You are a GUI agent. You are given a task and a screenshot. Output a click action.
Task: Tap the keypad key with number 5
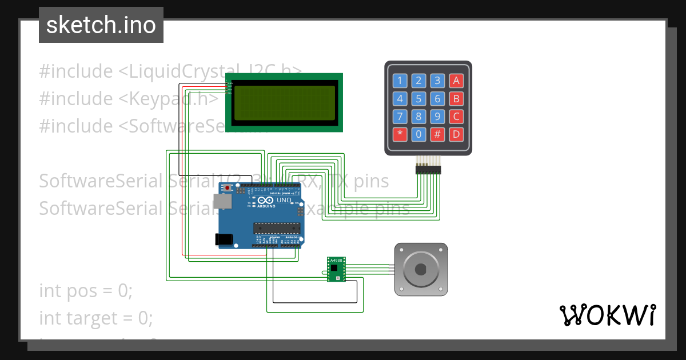point(418,99)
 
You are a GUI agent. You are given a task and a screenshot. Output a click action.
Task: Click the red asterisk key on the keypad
point(400,135)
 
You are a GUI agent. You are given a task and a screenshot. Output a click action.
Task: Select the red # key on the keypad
point(437,135)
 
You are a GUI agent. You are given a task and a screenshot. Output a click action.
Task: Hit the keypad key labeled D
point(456,135)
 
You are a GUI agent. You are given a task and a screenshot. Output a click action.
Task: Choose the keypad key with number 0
point(418,135)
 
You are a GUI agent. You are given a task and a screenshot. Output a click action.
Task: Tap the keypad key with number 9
point(437,117)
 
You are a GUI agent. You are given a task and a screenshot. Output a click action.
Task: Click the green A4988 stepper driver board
point(336,270)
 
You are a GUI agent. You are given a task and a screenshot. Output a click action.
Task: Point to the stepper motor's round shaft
point(421,270)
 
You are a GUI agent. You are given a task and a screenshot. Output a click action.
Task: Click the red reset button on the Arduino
point(228,187)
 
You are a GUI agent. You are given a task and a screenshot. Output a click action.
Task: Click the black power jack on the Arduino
point(224,239)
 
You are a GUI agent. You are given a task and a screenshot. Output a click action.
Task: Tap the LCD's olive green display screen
point(285,103)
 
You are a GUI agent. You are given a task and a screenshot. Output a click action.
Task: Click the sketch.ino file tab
point(101,25)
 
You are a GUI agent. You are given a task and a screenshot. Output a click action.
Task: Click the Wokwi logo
point(607,315)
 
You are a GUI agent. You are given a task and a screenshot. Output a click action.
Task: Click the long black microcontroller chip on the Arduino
point(276,229)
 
